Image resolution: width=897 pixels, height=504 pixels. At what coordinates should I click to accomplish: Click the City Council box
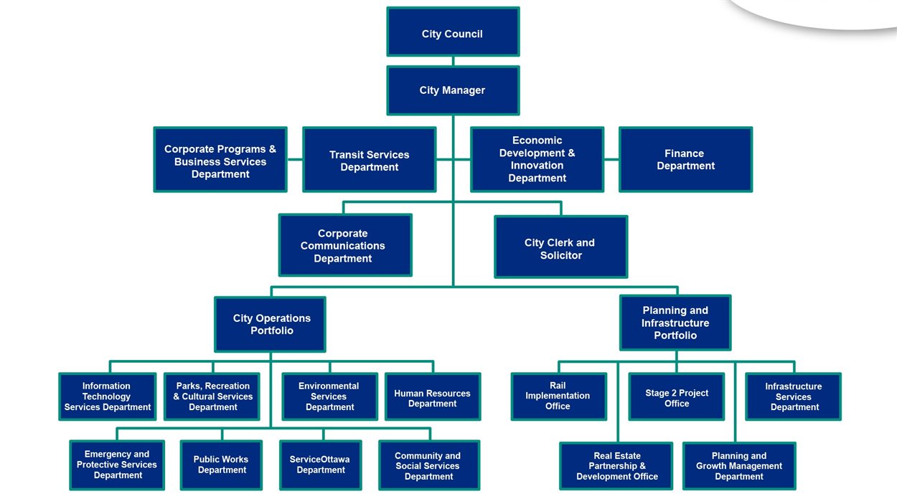pyautogui.click(x=453, y=32)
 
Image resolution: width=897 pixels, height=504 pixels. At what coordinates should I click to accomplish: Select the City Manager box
pyautogui.click(x=453, y=90)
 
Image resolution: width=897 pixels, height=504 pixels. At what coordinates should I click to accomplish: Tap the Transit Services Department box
pyautogui.click(x=369, y=160)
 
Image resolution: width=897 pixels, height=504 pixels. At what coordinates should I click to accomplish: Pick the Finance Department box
pyautogui.click(x=685, y=160)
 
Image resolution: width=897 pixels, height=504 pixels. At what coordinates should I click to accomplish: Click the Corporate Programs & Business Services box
pyautogui.click(x=220, y=160)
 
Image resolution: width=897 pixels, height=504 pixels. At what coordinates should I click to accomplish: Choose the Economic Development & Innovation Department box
pyautogui.click(x=537, y=160)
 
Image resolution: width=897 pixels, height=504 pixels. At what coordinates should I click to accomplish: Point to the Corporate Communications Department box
pyautogui.click(x=345, y=245)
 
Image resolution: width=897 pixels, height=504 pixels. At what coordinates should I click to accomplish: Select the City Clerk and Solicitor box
pyautogui.click(x=560, y=247)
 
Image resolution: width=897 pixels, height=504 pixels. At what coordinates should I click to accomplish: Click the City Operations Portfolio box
pyautogui.click(x=270, y=324)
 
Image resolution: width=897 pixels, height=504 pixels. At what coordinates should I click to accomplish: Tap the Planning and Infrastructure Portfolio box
pyautogui.click(x=675, y=323)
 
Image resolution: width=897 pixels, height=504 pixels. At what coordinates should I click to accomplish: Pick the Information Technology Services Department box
pyautogui.click(x=108, y=396)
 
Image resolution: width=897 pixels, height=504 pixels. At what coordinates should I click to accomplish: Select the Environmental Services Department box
pyautogui.click(x=329, y=396)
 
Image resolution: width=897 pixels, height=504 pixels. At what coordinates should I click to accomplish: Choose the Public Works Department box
pyautogui.click(x=221, y=465)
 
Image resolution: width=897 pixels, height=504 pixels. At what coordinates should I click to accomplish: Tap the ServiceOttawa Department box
pyautogui.click(x=320, y=465)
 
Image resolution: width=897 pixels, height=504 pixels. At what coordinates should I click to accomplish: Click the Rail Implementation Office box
pyautogui.click(x=558, y=396)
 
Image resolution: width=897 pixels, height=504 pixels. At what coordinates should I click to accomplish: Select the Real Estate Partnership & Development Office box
pyautogui.click(x=616, y=466)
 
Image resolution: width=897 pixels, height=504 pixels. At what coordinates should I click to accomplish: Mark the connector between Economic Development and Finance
pyautogui.click(x=611, y=159)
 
